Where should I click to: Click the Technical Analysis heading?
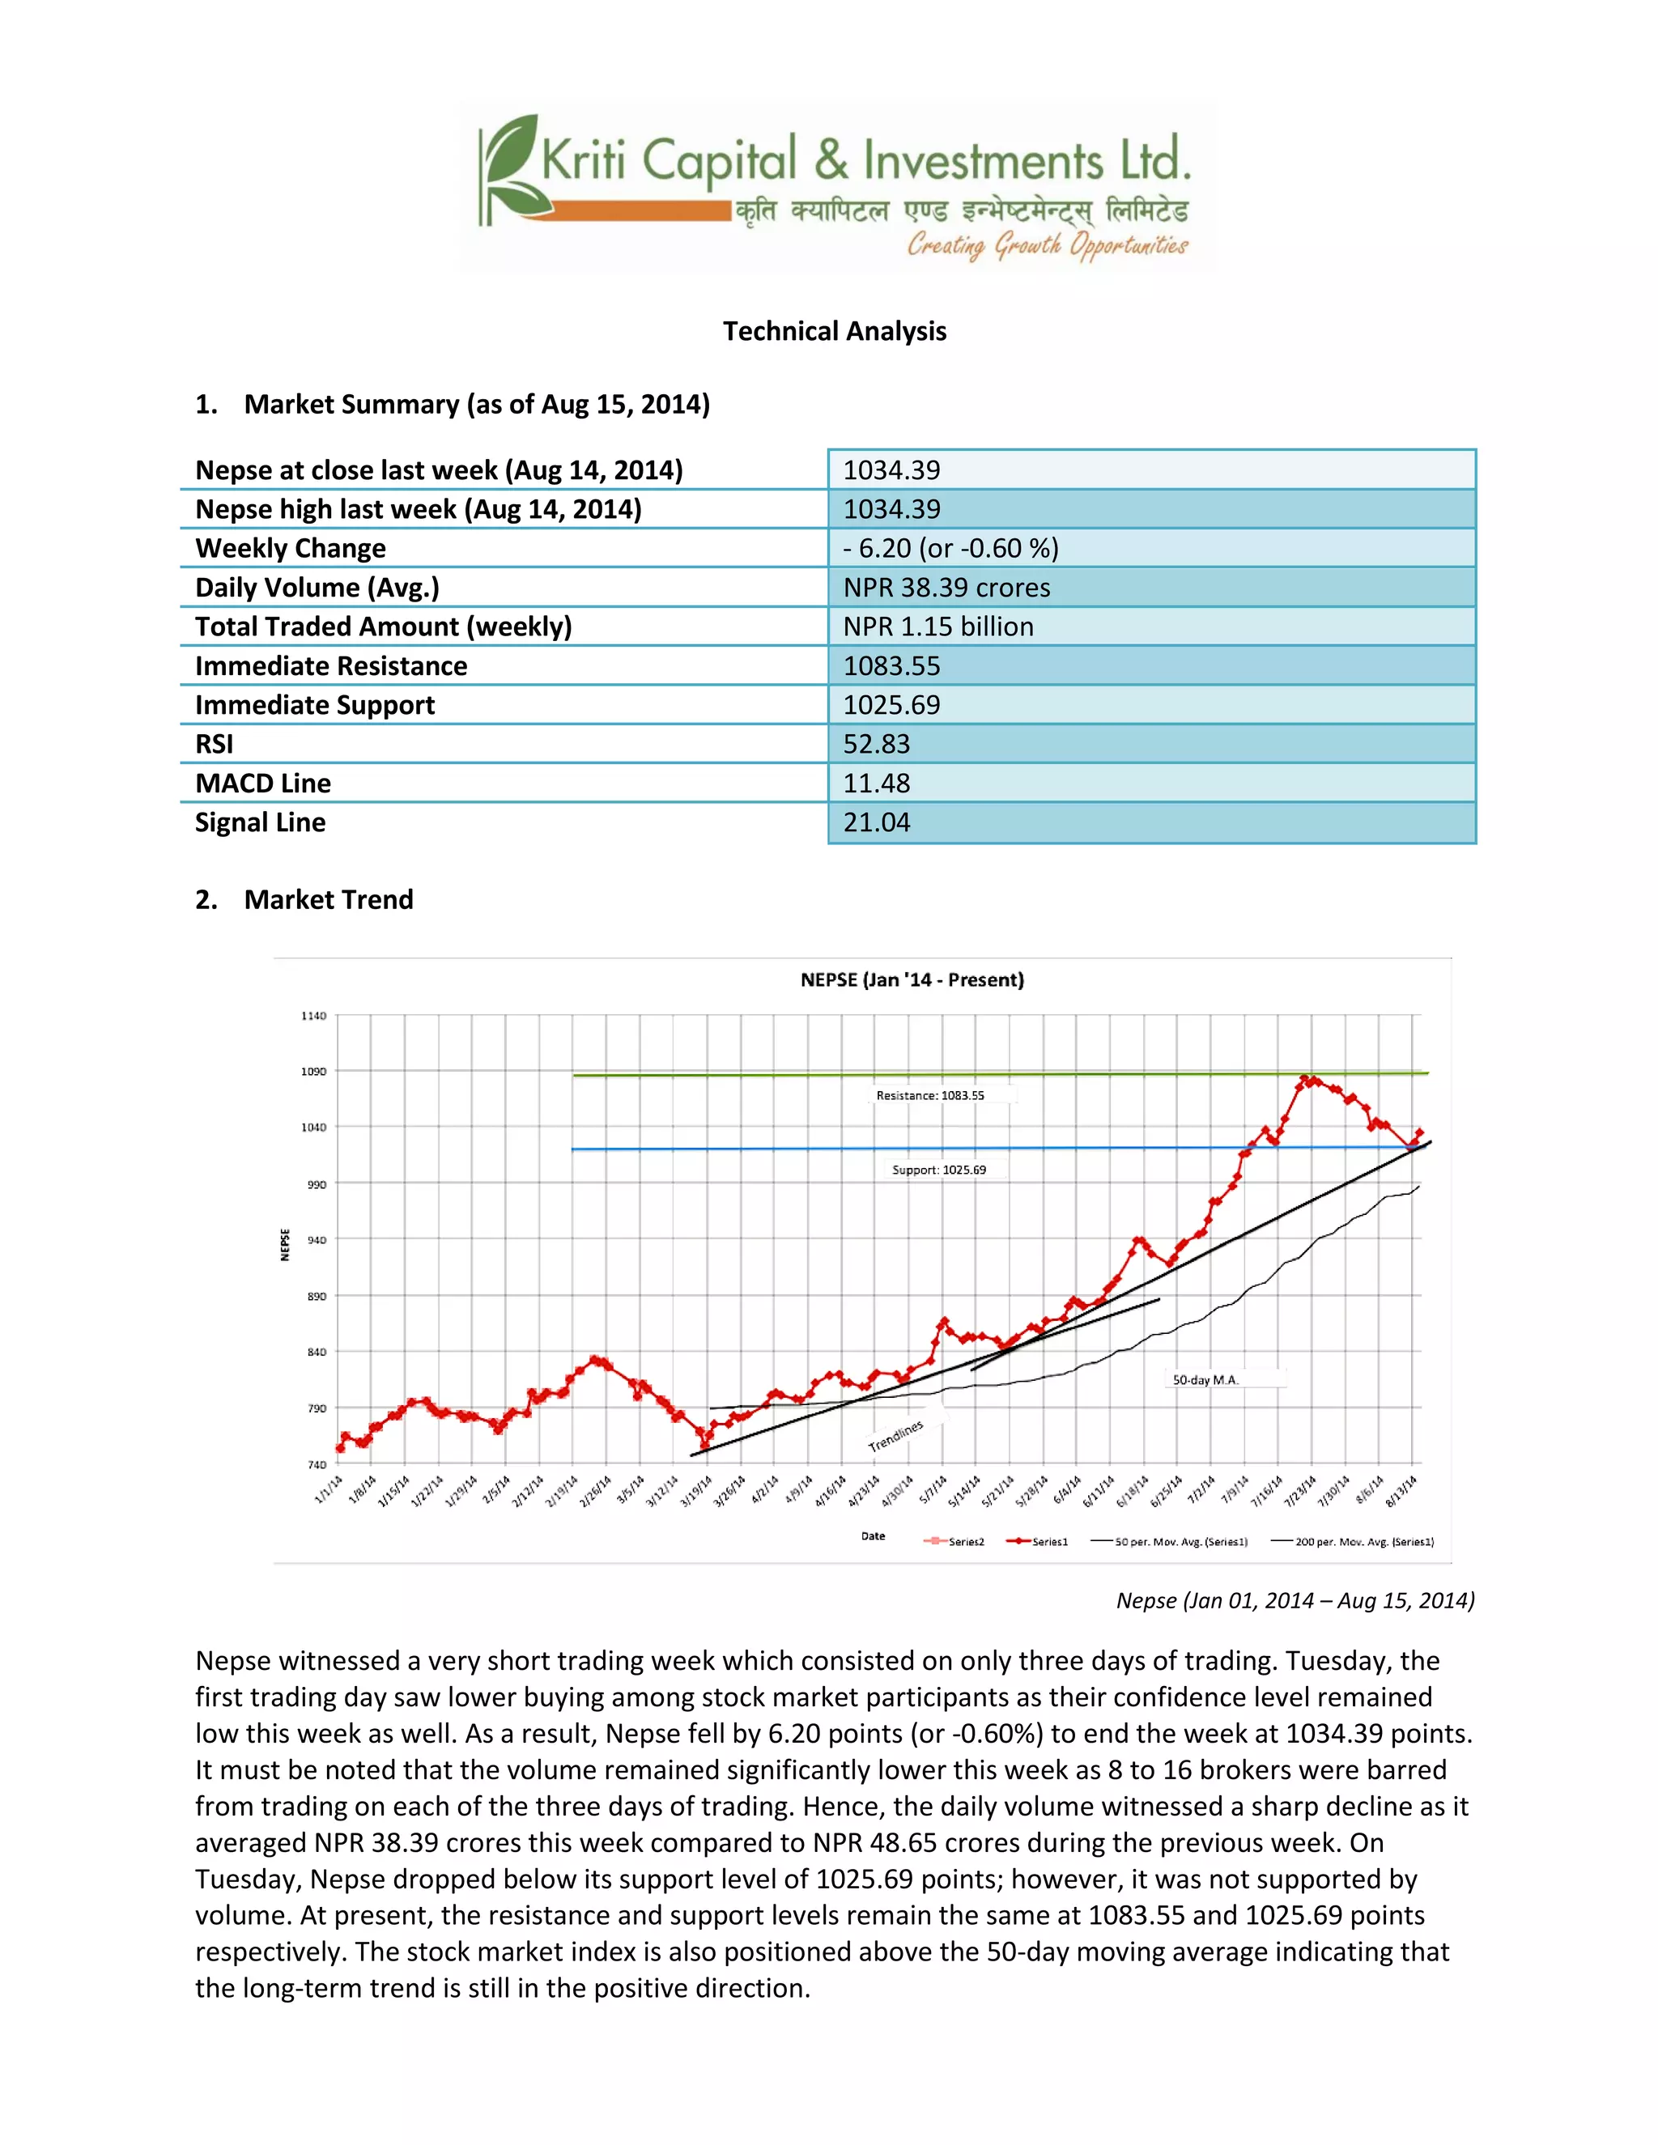[834, 331]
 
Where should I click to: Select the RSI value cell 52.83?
[876, 745]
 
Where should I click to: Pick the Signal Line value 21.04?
[876, 823]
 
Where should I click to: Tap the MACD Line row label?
[262, 784]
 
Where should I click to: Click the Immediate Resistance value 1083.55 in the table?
[891, 666]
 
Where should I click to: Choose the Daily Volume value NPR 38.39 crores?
[946, 588]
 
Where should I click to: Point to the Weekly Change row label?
[290, 548]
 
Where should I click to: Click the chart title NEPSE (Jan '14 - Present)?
[912, 980]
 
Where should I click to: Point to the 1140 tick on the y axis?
[313, 1016]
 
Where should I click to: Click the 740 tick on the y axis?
[315, 1464]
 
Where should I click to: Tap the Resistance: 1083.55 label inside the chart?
[929, 1095]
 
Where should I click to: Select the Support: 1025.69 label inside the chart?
[938, 1170]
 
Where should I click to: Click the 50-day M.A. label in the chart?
[1205, 1380]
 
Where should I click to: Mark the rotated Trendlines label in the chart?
[895, 1436]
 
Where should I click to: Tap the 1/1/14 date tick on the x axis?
[329, 1489]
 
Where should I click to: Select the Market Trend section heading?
[328, 899]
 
